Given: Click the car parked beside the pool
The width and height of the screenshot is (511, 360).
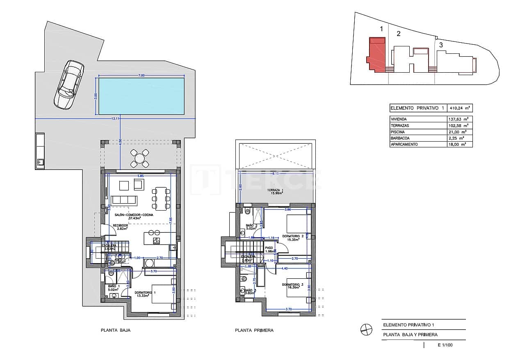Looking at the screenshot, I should (x=68, y=85).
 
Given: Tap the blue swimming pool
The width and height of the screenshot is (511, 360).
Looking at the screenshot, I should (x=141, y=96).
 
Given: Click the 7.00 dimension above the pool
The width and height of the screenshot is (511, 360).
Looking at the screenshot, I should (x=141, y=76).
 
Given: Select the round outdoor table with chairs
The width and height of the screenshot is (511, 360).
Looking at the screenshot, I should (x=139, y=158).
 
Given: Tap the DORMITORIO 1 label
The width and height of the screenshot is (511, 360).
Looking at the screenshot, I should (x=145, y=293).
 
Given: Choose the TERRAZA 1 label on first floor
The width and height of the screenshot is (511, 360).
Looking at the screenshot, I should (x=275, y=190).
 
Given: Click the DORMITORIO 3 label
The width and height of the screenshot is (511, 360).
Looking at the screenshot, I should (x=293, y=284).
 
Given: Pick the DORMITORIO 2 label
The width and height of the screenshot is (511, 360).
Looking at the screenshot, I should (x=293, y=236).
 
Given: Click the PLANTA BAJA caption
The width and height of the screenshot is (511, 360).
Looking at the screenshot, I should (x=115, y=330).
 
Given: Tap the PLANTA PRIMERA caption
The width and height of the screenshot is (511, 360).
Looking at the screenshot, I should (x=254, y=330).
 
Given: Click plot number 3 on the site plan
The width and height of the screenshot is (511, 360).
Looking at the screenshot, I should (x=440, y=45).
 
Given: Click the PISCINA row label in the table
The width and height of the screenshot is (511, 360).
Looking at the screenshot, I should (x=398, y=132).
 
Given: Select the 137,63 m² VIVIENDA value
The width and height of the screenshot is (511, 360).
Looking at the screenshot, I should (x=461, y=119).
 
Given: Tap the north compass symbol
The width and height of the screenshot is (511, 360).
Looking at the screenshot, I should (x=366, y=330).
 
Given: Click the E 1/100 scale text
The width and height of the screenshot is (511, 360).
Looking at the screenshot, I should (x=445, y=345).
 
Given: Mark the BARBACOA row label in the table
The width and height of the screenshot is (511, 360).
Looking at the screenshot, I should (x=400, y=138).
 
